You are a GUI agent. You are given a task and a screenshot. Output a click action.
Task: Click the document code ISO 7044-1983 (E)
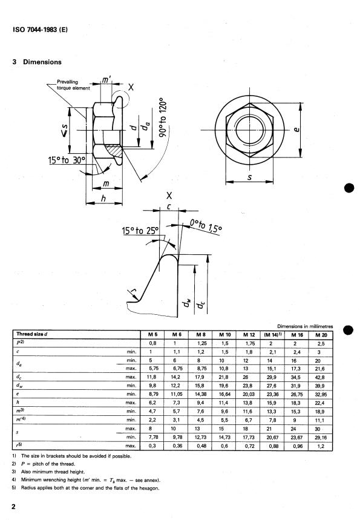40,30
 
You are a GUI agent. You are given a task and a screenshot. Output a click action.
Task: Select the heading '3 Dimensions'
37,62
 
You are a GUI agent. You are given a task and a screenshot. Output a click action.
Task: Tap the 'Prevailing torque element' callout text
73,85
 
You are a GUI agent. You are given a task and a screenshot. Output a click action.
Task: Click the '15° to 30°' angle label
67,160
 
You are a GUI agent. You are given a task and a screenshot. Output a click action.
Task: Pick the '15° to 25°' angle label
140,231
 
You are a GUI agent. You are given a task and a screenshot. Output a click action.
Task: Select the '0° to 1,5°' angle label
206,226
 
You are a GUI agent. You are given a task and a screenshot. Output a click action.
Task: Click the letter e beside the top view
296,129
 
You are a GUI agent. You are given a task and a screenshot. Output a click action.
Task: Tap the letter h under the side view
103,198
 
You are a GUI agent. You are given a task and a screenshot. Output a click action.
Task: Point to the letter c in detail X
169,207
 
